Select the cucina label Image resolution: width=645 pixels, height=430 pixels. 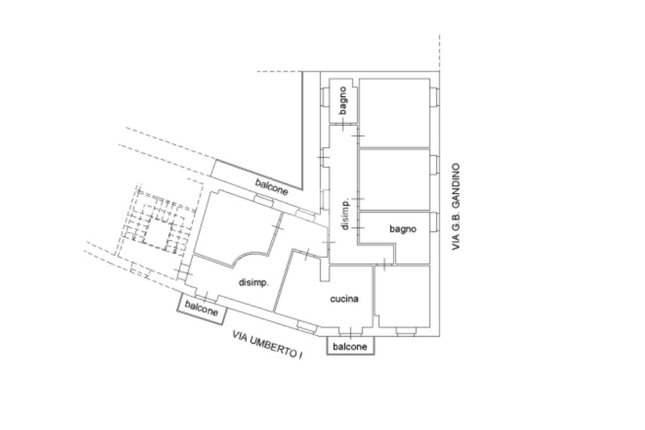[x=345, y=299]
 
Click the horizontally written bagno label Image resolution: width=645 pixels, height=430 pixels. [x=402, y=229]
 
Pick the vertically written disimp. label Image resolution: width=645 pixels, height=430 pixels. [x=345, y=214]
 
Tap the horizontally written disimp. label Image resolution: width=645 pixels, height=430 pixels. [x=254, y=282]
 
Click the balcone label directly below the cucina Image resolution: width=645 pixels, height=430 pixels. [x=350, y=347]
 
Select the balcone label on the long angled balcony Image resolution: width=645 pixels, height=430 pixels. [x=272, y=187]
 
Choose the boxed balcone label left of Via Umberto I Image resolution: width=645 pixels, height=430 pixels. [x=202, y=308]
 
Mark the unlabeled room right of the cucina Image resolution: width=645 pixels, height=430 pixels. [x=403, y=296]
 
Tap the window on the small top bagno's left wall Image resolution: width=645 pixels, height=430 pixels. [x=324, y=98]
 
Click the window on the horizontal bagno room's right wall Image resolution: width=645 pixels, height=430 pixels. [x=434, y=222]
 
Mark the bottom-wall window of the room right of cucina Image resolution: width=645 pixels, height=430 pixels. [x=404, y=330]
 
